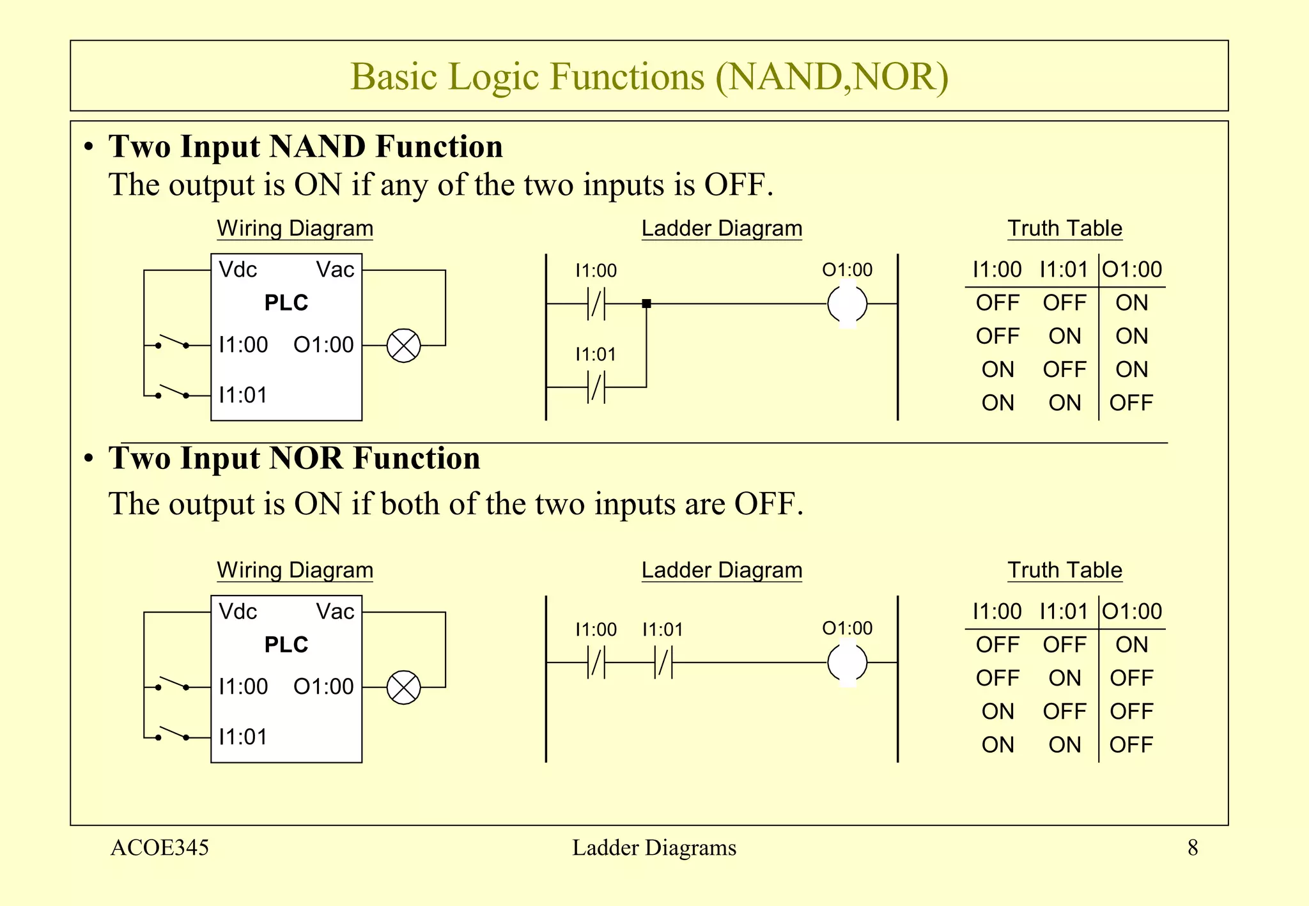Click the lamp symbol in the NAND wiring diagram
(x=404, y=346)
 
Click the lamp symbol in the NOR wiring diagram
(x=404, y=687)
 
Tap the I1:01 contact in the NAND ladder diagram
(x=596, y=387)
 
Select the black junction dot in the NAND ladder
(x=646, y=303)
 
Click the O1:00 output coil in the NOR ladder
(x=847, y=663)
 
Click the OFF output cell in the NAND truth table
(x=1131, y=403)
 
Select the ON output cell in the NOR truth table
(x=1131, y=645)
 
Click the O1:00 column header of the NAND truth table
(x=1132, y=270)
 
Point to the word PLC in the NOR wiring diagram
(x=286, y=645)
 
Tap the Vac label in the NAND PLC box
(x=335, y=270)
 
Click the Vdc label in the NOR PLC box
(x=238, y=611)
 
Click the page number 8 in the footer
(x=1192, y=848)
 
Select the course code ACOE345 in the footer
(x=160, y=848)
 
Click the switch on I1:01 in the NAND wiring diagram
(x=173, y=392)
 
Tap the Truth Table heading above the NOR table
(x=1065, y=570)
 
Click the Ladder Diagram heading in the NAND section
(x=722, y=228)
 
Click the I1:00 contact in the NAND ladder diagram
(x=596, y=303)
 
